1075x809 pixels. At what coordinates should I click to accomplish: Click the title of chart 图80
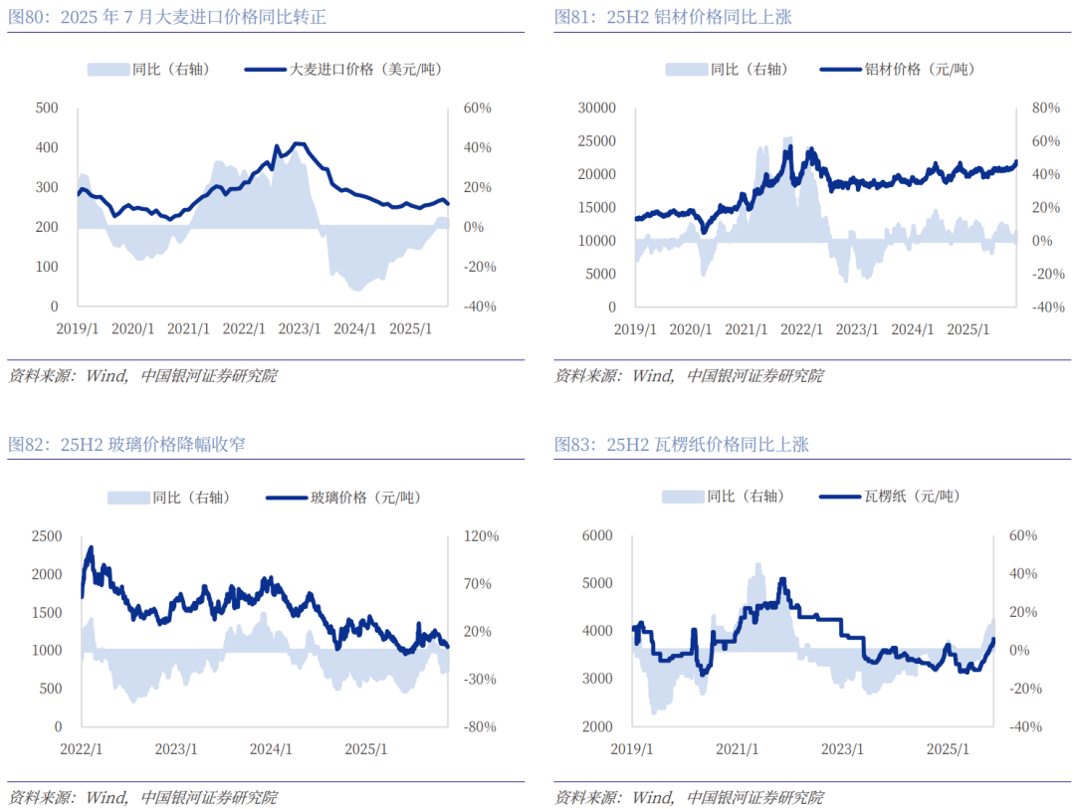[167, 17]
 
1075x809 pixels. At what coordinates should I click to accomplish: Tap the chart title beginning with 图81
[673, 17]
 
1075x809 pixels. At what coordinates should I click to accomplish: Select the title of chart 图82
[126, 444]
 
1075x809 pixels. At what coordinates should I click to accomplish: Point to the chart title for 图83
[681, 444]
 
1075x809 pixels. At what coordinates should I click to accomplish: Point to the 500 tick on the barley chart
[47, 107]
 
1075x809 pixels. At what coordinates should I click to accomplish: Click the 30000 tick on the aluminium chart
[597, 107]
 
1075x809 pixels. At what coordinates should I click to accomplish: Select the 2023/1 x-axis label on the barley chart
[300, 328]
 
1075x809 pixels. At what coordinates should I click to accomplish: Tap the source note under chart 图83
[689, 797]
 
